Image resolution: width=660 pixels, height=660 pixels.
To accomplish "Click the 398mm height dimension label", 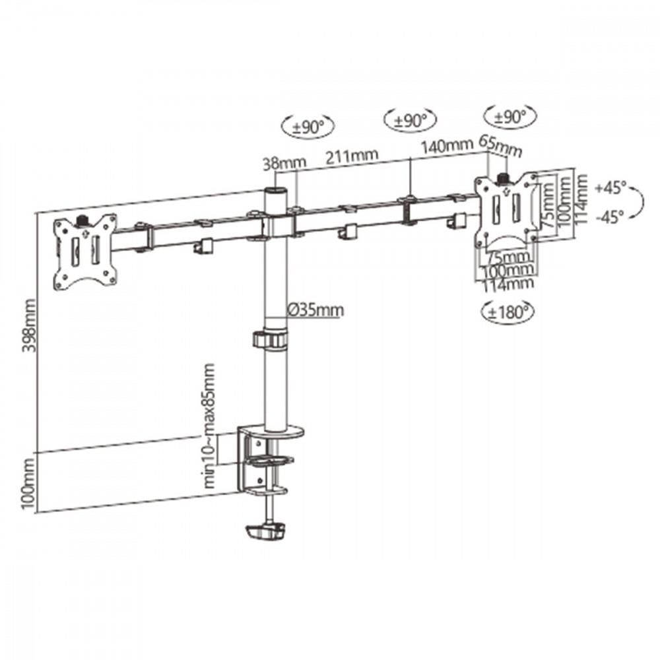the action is pyautogui.click(x=29, y=325).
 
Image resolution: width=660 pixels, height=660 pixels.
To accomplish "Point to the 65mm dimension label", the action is pyautogui.click(x=501, y=147).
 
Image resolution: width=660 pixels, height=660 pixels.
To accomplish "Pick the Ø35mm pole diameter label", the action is pyautogui.click(x=315, y=310).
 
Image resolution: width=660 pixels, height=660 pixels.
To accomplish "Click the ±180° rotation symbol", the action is pyautogui.click(x=507, y=312).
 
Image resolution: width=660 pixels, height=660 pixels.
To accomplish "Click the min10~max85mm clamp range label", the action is pyautogui.click(x=209, y=426).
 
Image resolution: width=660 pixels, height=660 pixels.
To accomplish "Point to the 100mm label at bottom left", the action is pyautogui.click(x=28, y=483).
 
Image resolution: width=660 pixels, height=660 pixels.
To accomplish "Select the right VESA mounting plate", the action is pyautogui.click(x=507, y=211).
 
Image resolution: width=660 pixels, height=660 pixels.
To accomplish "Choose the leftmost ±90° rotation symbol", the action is pyautogui.click(x=308, y=126).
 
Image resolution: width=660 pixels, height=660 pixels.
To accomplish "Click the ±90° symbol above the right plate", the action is pyautogui.click(x=510, y=117).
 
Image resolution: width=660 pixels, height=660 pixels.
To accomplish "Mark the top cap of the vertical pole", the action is pyautogui.click(x=275, y=191).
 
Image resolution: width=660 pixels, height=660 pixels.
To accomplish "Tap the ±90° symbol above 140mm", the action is pyautogui.click(x=410, y=121).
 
